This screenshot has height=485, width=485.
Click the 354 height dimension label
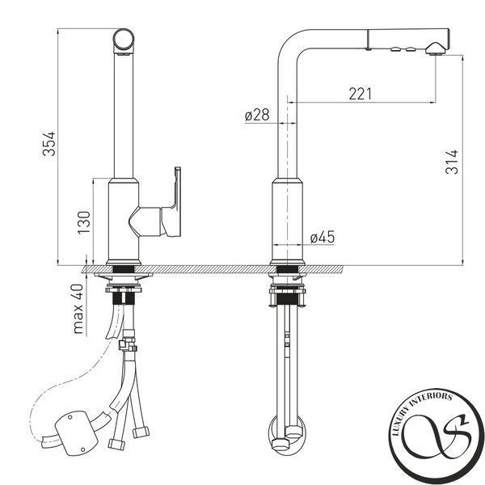coord(48,144)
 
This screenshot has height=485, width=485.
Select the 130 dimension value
coord(84,222)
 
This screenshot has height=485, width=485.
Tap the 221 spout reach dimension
coord(361,94)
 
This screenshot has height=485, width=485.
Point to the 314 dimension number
coord(452,162)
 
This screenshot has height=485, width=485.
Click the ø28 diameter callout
coord(257,115)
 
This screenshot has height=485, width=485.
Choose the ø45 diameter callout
coord(323,237)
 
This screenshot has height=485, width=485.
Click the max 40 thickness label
coord(78,309)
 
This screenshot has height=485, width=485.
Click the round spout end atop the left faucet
coord(124,40)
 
